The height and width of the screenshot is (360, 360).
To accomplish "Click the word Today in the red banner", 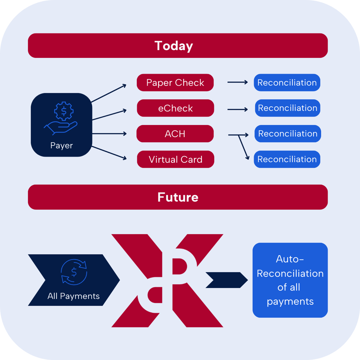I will click(x=174, y=46).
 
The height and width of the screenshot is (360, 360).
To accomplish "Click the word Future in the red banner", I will click(x=178, y=197).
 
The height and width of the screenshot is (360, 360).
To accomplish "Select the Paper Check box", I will click(x=175, y=83).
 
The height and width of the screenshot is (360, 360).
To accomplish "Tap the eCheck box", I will click(x=176, y=108).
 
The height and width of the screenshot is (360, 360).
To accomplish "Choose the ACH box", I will click(x=175, y=134).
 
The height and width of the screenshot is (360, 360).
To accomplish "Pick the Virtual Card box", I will click(x=176, y=159).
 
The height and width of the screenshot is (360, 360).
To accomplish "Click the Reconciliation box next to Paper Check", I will click(x=287, y=83).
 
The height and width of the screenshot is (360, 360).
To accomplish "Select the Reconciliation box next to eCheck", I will click(x=288, y=108).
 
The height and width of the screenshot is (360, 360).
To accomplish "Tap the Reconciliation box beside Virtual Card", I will click(x=287, y=159).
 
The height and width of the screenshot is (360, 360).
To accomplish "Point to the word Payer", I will click(x=62, y=146).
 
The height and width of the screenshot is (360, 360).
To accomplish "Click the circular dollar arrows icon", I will click(x=74, y=273).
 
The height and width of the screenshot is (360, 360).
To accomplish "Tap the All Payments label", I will click(x=73, y=296).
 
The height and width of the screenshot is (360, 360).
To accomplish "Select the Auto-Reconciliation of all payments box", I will click(x=290, y=280).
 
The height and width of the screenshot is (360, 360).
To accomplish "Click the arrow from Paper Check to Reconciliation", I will click(x=238, y=82).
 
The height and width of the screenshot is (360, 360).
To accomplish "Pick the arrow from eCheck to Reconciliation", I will click(x=238, y=108).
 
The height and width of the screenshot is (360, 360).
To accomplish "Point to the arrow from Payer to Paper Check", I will click(x=109, y=94).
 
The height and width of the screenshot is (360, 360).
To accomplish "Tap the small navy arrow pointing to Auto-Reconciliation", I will click(x=226, y=280).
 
